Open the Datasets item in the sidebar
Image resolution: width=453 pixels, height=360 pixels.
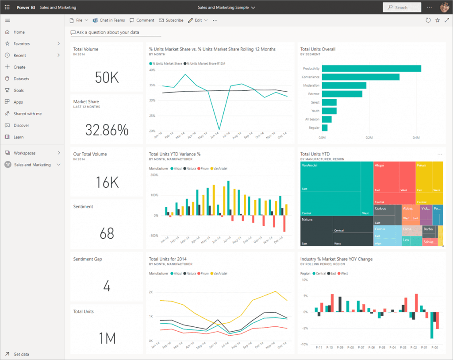pos(21,79)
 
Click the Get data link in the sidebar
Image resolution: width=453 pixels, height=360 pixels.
pos(21,354)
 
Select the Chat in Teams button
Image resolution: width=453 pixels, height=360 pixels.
pos(109,20)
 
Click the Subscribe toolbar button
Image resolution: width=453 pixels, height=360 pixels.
pos(171,20)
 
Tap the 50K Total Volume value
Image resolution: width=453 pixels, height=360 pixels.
pos(107,77)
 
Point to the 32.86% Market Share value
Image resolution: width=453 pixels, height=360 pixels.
pos(107,130)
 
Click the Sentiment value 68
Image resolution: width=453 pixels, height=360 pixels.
pos(107,233)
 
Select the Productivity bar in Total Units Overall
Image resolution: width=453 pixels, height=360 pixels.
pos(371,69)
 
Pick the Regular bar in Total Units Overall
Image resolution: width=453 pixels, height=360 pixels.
pos(325,128)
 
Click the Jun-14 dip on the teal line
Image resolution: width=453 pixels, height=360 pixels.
pos(219,129)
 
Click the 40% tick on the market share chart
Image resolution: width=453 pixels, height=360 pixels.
pos(152,70)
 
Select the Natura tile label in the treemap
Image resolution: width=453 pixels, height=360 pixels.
pos(307,219)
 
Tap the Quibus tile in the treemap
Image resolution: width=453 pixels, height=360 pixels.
pos(380,208)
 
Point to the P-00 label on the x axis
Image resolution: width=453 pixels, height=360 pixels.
pos(435,348)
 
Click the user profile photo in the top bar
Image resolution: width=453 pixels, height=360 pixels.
pos(444,8)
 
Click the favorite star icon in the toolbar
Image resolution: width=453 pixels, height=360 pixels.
pos(438,20)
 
